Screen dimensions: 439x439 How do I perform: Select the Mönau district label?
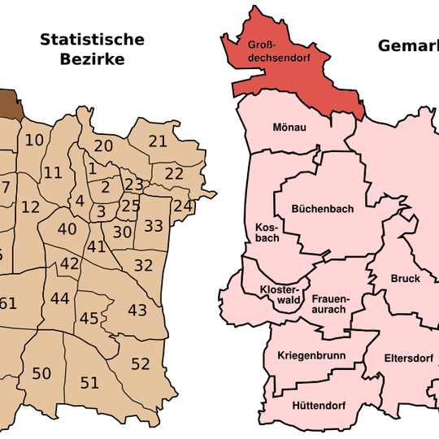click(x=289, y=128)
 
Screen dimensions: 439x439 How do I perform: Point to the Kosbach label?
click(x=267, y=232)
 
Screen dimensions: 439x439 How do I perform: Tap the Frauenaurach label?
click(x=329, y=304)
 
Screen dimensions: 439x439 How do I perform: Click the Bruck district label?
click(x=405, y=278)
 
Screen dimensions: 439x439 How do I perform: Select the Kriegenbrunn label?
click(x=311, y=356)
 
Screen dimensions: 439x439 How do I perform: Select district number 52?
click(x=141, y=363)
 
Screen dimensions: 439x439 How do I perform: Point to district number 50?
click(x=41, y=373)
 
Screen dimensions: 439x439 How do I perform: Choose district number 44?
click(x=59, y=298)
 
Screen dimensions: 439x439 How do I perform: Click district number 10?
click(x=34, y=140)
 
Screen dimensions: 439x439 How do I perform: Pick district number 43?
click(x=137, y=309)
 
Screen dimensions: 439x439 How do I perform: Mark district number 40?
click(x=67, y=228)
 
